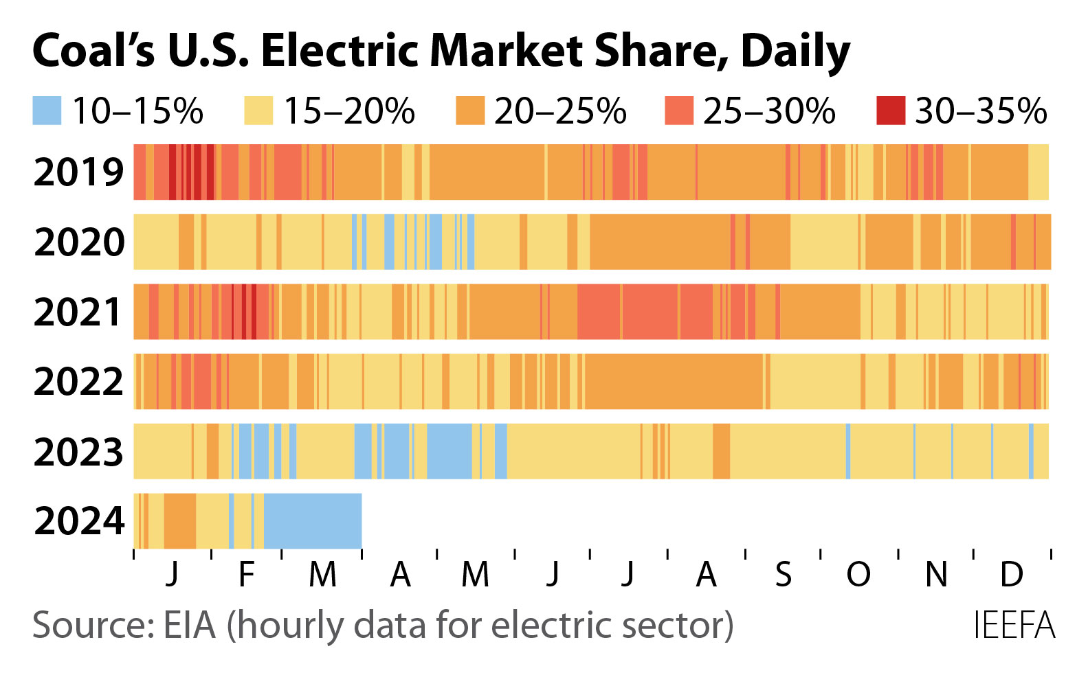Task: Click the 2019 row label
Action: point(78,172)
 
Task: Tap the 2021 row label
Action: point(78,312)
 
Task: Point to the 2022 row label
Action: point(78,382)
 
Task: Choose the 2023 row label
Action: point(78,452)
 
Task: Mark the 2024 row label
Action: point(78,521)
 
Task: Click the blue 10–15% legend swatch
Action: point(47,111)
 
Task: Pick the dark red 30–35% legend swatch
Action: point(891,111)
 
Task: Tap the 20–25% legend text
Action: point(560,111)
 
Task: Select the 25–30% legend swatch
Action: point(679,111)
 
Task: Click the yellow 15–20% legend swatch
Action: point(258,111)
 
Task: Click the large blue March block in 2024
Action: point(313,521)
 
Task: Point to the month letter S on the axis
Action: point(784,574)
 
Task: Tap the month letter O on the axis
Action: point(858,574)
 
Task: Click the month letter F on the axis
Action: point(247,574)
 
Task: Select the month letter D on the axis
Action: point(1011,574)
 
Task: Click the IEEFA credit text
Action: point(1014,626)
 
